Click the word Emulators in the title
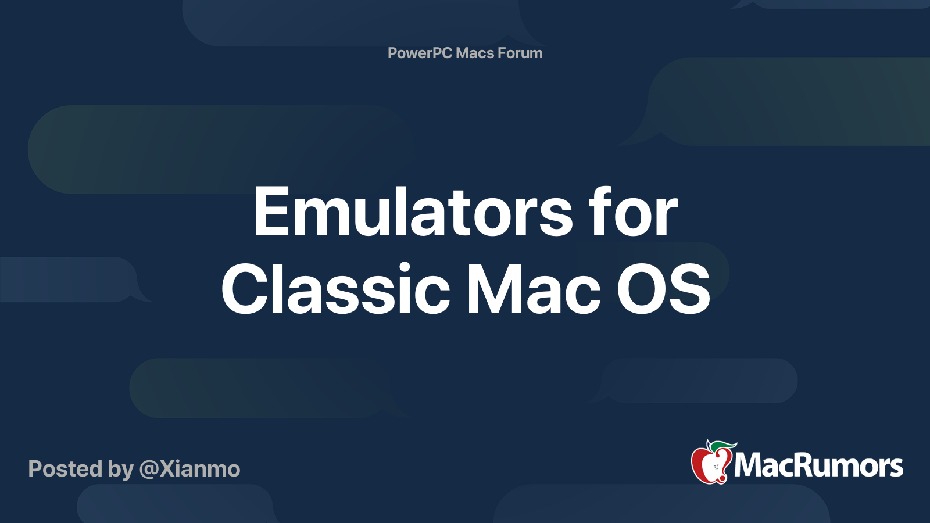413,212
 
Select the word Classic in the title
335,288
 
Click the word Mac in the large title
534,288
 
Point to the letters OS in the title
663,289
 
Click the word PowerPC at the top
420,53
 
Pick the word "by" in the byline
120,470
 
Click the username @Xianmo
189,469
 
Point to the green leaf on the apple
723,446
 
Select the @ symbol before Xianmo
149,470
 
